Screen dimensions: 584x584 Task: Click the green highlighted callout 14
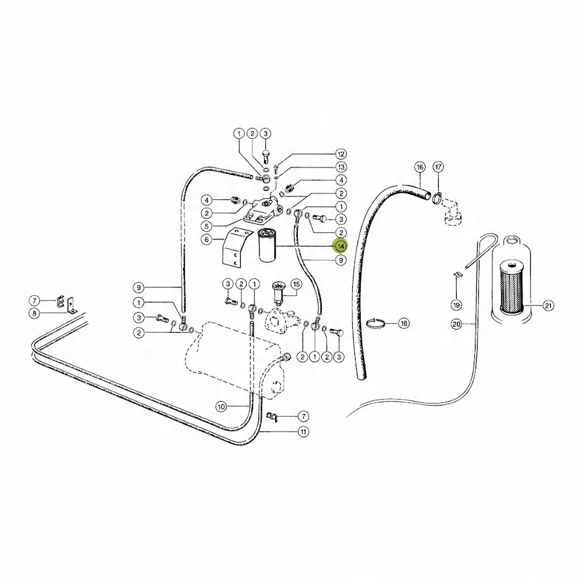(341, 246)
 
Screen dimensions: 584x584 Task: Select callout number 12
(341, 154)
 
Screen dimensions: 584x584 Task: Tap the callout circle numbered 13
(341, 167)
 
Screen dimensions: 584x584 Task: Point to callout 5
(206, 226)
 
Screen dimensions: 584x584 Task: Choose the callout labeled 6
(206, 239)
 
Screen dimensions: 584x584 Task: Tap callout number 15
(297, 284)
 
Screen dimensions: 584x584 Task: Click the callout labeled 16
(419, 167)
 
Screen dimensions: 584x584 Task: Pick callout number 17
(439, 167)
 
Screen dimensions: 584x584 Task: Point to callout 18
(404, 322)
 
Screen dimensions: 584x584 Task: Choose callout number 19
(456, 304)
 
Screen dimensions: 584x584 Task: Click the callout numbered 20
(456, 324)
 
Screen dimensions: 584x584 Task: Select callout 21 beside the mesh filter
(548, 306)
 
